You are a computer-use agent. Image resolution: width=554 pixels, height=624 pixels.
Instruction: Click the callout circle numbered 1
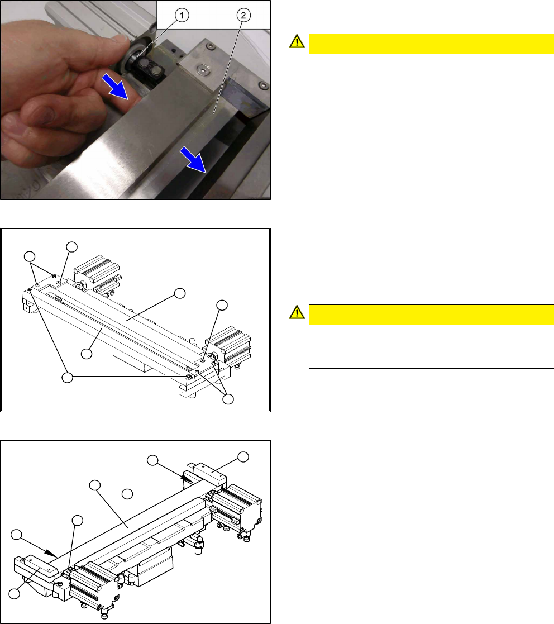point(182,16)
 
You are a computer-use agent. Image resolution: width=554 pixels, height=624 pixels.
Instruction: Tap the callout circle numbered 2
point(243,16)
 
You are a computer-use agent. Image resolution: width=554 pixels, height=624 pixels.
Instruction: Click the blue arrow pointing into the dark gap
point(193,160)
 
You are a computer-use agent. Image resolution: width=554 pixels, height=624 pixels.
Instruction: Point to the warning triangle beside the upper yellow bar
point(297,41)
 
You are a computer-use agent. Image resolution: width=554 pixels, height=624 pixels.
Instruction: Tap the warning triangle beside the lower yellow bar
point(297,312)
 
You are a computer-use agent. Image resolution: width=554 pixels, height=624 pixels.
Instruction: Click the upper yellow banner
point(431,44)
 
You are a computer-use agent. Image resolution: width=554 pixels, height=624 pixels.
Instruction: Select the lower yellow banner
point(431,315)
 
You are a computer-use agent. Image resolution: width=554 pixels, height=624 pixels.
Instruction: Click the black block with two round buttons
point(150,73)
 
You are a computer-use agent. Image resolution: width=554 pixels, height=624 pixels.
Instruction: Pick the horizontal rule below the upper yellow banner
point(431,98)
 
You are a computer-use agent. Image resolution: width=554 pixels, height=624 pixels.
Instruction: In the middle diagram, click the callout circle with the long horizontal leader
point(68,377)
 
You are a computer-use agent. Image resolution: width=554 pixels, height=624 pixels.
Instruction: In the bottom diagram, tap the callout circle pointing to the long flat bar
point(94,485)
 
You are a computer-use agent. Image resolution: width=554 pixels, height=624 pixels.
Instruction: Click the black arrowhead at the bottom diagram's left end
point(50,552)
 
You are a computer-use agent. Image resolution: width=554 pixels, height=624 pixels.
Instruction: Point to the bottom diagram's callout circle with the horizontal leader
point(127,494)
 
